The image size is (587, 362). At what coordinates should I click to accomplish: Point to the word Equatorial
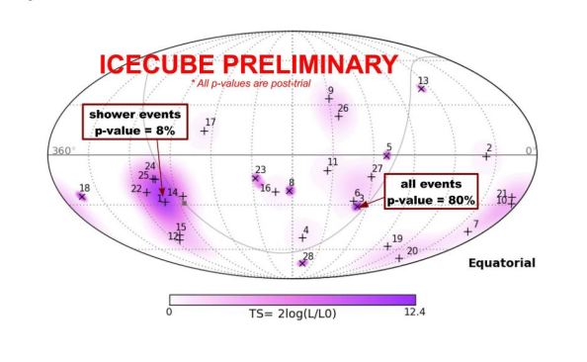502,263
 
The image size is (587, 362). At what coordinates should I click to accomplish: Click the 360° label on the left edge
61,150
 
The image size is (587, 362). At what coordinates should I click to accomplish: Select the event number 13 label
423,81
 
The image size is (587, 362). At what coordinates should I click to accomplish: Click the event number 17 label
210,122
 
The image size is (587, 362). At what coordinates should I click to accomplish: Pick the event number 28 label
308,256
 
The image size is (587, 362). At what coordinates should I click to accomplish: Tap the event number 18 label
85,188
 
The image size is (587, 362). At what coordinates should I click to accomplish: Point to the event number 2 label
489,147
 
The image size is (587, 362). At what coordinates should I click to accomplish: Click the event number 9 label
331,90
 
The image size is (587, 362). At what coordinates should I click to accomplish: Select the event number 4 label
305,229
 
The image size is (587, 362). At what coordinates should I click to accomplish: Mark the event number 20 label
412,251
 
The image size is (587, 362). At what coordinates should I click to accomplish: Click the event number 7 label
475,224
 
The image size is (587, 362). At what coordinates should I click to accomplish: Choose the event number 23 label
260,170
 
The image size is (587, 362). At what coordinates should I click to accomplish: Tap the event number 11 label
332,161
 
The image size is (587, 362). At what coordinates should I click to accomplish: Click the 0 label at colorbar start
169,312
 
